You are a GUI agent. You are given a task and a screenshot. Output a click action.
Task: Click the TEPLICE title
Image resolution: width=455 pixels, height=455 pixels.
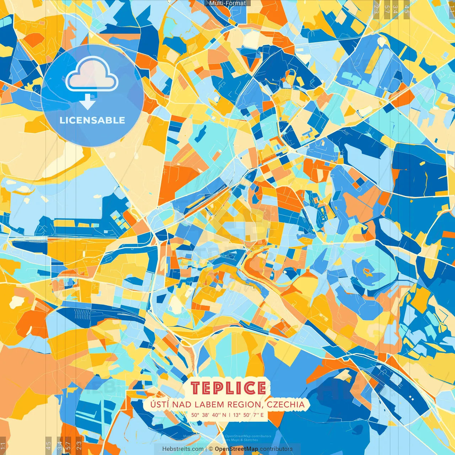(228, 388)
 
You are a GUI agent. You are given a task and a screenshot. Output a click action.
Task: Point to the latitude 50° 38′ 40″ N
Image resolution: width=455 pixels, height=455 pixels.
(208, 415)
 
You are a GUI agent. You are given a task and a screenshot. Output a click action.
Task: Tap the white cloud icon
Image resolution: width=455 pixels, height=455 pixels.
(92, 75)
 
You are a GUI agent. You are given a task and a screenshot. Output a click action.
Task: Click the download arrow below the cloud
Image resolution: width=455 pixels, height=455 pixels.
(87, 102)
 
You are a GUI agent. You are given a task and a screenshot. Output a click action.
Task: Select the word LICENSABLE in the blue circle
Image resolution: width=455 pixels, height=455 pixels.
(92, 120)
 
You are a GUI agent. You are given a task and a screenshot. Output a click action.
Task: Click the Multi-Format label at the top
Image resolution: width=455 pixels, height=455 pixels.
(227, 3)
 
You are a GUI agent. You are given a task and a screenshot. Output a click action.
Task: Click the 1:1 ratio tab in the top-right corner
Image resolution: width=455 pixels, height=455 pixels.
(451, 7)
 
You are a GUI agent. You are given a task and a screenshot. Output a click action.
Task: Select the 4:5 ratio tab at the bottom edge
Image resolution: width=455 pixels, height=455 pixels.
(48, 445)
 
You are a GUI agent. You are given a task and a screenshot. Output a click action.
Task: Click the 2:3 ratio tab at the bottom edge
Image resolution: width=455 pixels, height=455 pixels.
(79, 445)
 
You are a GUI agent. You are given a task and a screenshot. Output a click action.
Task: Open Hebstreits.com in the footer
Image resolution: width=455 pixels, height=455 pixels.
(183, 449)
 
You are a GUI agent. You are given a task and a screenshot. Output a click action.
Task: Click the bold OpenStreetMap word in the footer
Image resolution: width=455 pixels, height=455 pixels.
(236, 449)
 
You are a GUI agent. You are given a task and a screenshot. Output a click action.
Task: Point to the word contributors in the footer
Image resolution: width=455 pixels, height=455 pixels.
(276, 449)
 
